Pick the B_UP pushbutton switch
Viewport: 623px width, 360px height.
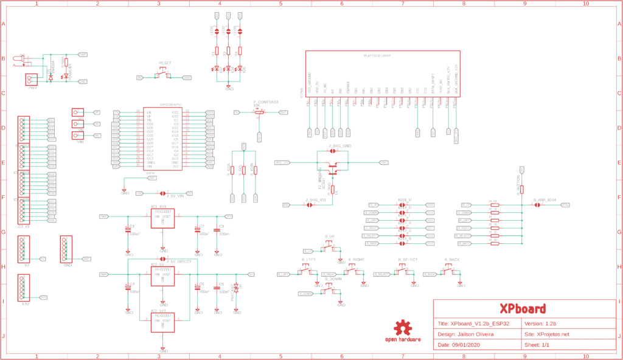[x=330, y=245]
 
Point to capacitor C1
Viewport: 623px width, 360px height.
[x=128, y=229]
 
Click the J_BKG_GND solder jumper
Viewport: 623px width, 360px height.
[x=333, y=151]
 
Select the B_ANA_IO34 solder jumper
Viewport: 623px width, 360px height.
[x=537, y=205]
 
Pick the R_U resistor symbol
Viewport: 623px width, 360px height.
[x=495, y=205]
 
